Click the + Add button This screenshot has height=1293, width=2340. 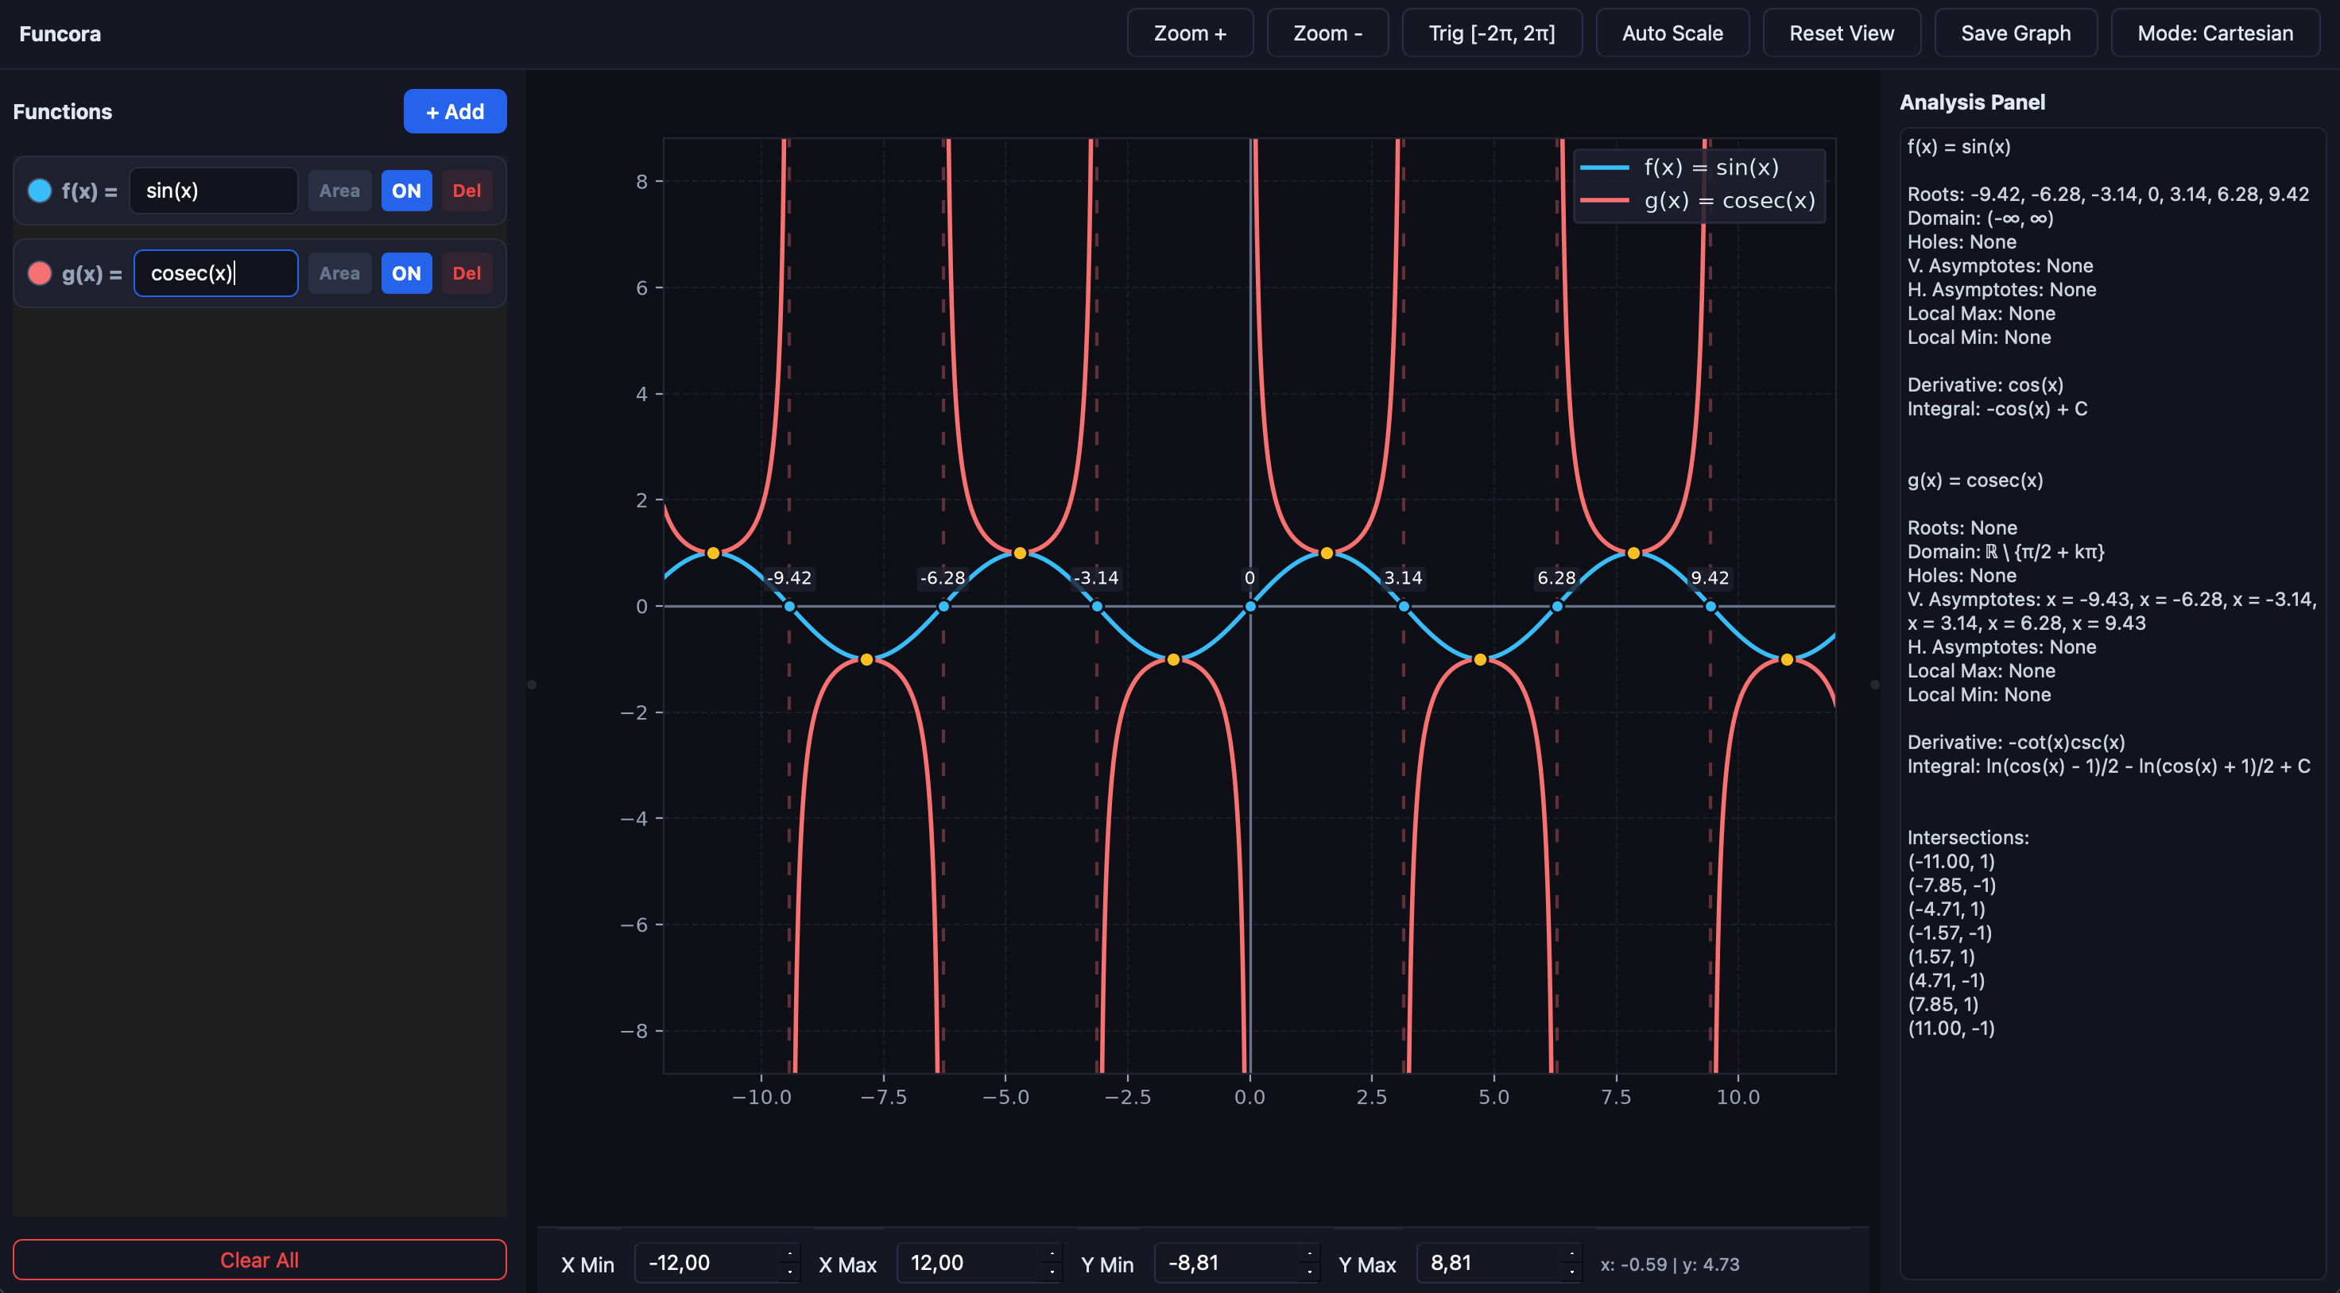[x=455, y=112]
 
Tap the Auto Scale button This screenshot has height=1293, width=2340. [x=1672, y=33]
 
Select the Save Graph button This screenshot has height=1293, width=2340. [x=2016, y=33]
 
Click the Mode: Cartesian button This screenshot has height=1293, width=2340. [x=2214, y=33]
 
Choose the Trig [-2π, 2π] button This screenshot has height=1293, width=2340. [x=1492, y=33]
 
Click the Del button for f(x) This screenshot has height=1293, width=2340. [x=467, y=191]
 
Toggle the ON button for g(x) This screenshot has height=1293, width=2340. [x=406, y=273]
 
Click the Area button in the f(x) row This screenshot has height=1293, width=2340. [x=339, y=191]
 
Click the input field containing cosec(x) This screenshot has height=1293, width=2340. [x=216, y=273]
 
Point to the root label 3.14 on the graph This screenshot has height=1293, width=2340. [x=1403, y=577]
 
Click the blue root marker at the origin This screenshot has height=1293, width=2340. [x=1250, y=606]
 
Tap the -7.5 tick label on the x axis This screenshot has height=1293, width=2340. [x=883, y=1097]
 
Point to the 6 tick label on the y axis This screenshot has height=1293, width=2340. [x=642, y=288]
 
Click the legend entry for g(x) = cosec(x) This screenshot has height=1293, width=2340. [x=1698, y=201]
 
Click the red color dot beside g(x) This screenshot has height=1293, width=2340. [x=40, y=273]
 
